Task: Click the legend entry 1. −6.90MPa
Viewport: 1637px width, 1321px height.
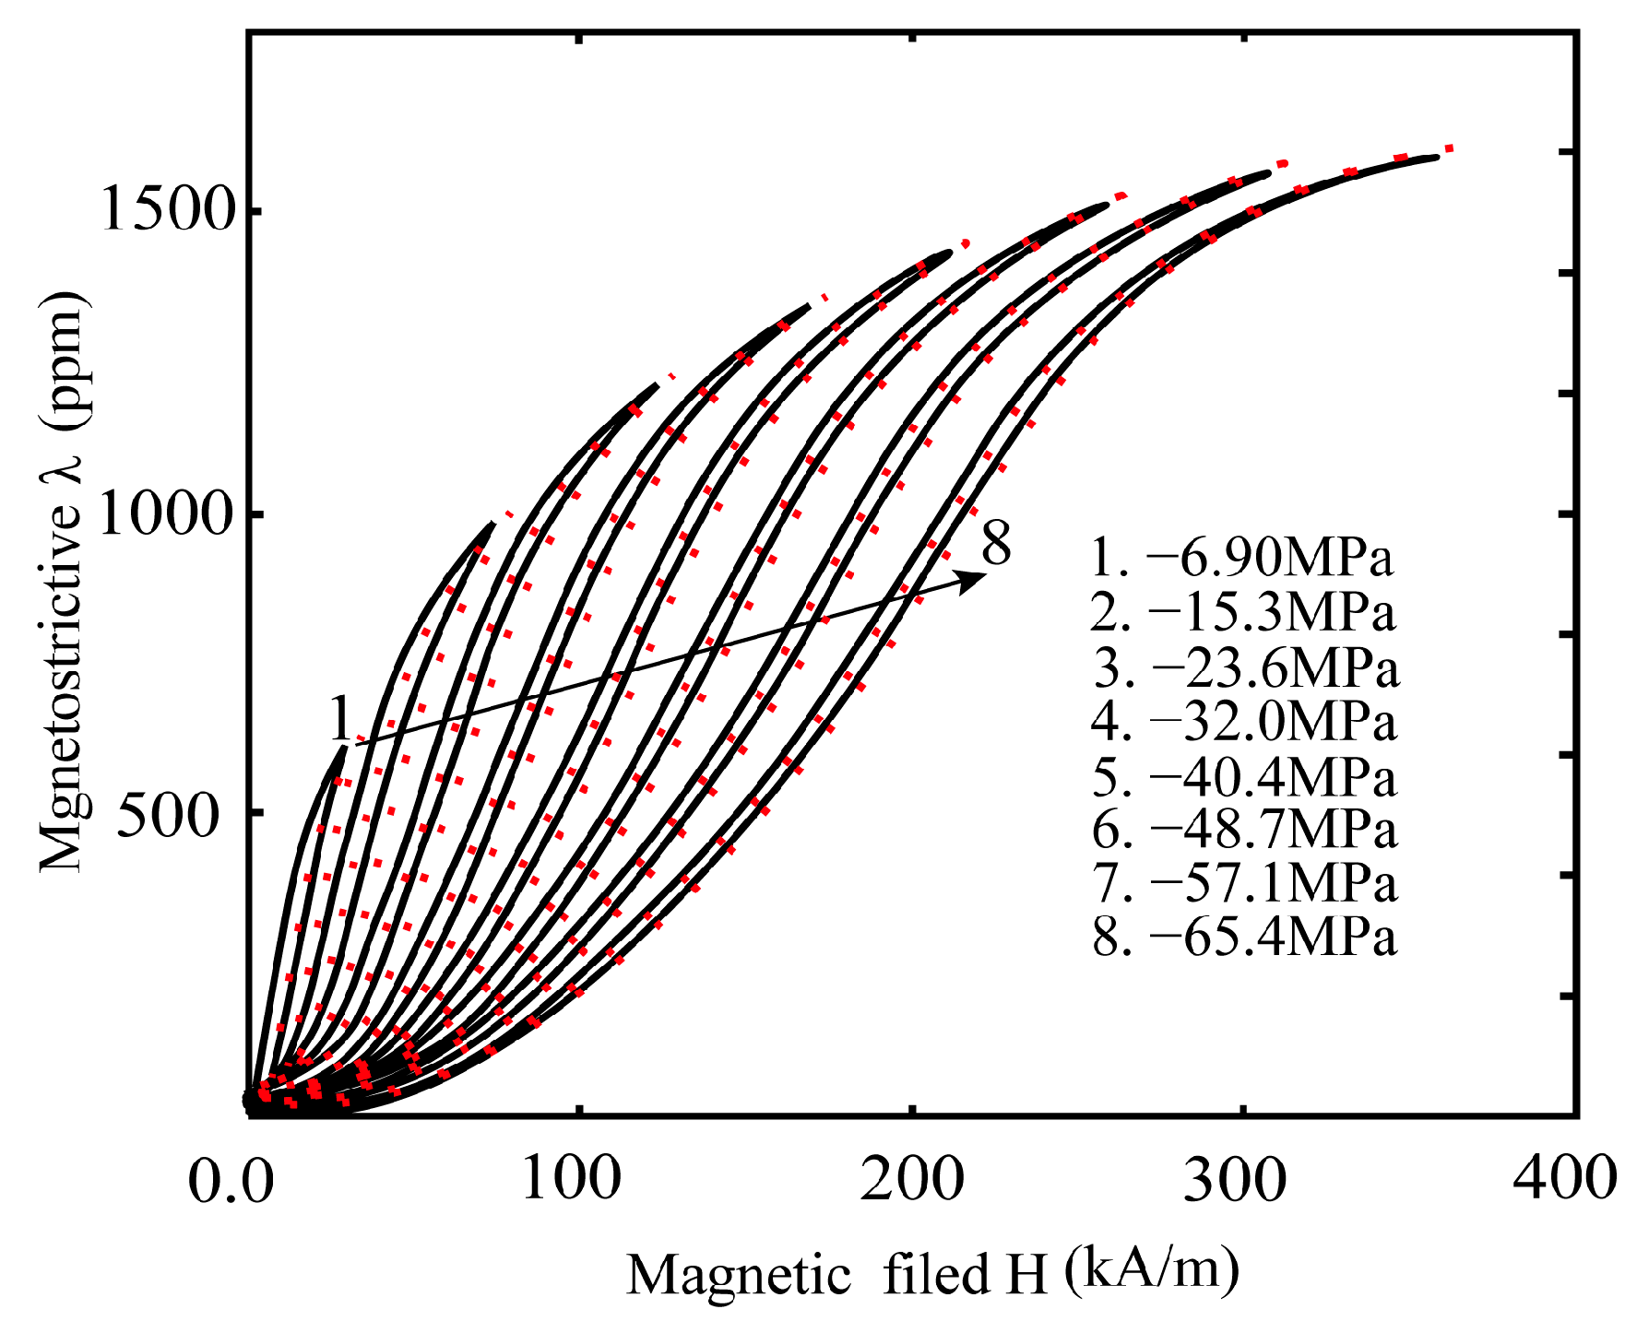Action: pos(1241,558)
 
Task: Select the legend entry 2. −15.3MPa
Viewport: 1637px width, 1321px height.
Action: pos(1242,612)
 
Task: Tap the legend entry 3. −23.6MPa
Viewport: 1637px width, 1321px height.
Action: pos(1246,667)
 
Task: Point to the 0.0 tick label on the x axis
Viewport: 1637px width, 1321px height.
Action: pos(231,1182)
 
